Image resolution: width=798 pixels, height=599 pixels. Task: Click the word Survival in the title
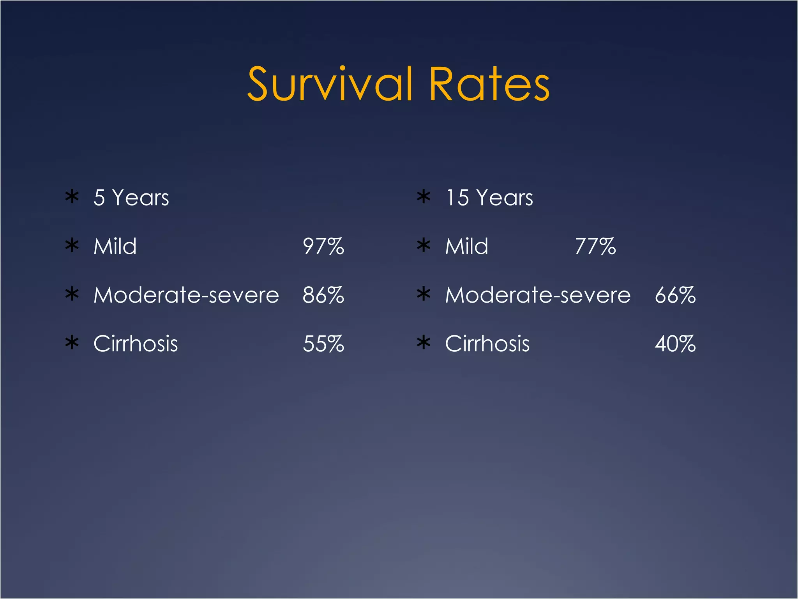[x=330, y=84]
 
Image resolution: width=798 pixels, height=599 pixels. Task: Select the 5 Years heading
[x=131, y=198]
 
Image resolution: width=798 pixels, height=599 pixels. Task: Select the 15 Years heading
[x=489, y=198]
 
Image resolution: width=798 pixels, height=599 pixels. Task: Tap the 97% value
[x=323, y=246]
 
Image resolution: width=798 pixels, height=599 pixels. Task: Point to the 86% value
[x=323, y=295]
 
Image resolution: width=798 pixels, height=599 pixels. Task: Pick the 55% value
[x=323, y=344]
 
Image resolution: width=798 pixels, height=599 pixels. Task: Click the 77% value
[x=595, y=246]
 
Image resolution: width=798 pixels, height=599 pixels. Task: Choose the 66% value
[x=675, y=295]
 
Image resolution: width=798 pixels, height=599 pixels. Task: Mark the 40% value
[x=675, y=344]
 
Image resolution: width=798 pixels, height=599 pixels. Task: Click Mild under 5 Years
[x=115, y=246]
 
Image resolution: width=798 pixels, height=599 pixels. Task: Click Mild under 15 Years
[x=467, y=246]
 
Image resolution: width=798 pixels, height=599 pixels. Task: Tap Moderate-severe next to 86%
[x=186, y=295]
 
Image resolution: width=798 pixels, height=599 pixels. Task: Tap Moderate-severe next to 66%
[x=538, y=295]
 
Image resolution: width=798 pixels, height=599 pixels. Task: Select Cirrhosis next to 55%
[x=136, y=344]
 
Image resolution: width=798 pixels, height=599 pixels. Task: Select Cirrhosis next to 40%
[x=487, y=344]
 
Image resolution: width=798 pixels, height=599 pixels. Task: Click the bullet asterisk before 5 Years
[x=72, y=197]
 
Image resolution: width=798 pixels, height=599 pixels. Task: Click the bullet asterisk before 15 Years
[x=424, y=197]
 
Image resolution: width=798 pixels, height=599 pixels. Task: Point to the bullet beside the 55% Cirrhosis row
[x=72, y=343]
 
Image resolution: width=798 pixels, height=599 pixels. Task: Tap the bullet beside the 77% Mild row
[x=424, y=245]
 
